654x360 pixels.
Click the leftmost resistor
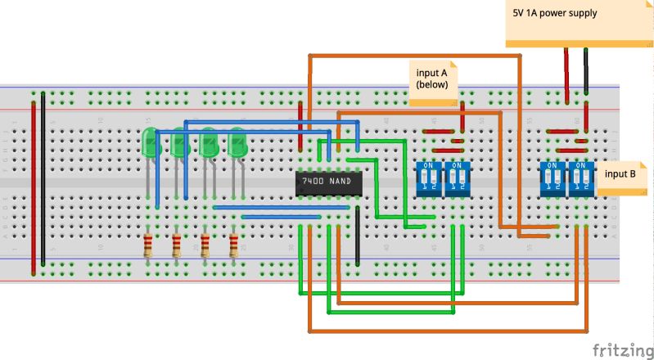pos(148,245)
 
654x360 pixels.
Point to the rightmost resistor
pos(235,245)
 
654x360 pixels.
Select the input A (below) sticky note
pos(434,82)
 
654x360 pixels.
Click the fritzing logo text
pos(618,349)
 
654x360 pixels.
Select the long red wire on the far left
pos(34,184)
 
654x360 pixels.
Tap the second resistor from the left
pos(177,245)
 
